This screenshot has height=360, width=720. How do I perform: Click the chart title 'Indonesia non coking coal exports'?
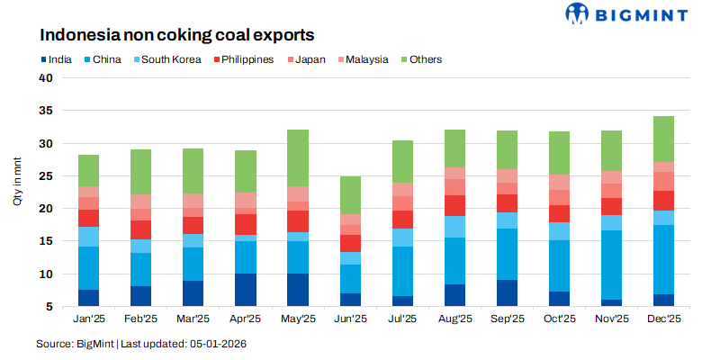[x=175, y=37]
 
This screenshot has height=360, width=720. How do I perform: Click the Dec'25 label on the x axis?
[x=662, y=319]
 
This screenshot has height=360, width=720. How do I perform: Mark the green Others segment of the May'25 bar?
[x=297, y=158]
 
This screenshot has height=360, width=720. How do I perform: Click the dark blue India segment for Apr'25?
[x=245, y=290]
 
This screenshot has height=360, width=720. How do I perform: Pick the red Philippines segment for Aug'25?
[x=454, y=205]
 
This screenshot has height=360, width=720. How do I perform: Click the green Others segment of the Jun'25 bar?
[x=349, y=194]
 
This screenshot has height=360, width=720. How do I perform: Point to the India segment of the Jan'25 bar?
[x=88, y=298]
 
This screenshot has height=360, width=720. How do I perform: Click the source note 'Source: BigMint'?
[x=76, y=344]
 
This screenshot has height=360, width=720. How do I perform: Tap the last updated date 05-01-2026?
[x=216, y=344]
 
